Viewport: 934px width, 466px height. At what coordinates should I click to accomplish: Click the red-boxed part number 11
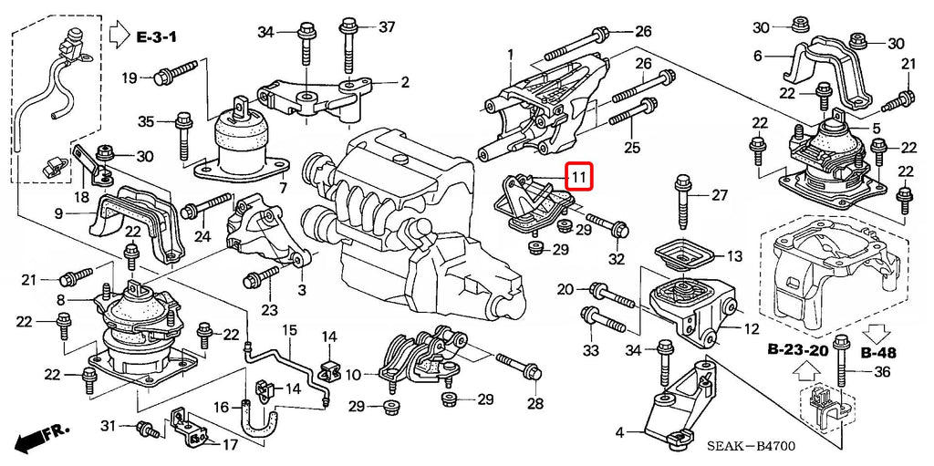[x=579, y=175]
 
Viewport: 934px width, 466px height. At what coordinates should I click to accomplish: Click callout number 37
[x=387, y=26]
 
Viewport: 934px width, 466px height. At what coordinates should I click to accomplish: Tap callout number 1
[x=511, y=54]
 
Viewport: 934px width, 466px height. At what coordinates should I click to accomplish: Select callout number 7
[x=283, y=189]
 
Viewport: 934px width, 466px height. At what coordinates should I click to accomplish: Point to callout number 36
[x=881, y=371]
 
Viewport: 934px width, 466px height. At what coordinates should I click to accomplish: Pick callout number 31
[x=107, y=426]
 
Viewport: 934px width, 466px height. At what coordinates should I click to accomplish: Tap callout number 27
[x=720, y=195]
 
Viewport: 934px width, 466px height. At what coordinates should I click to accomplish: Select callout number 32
[x=617, y=260]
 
